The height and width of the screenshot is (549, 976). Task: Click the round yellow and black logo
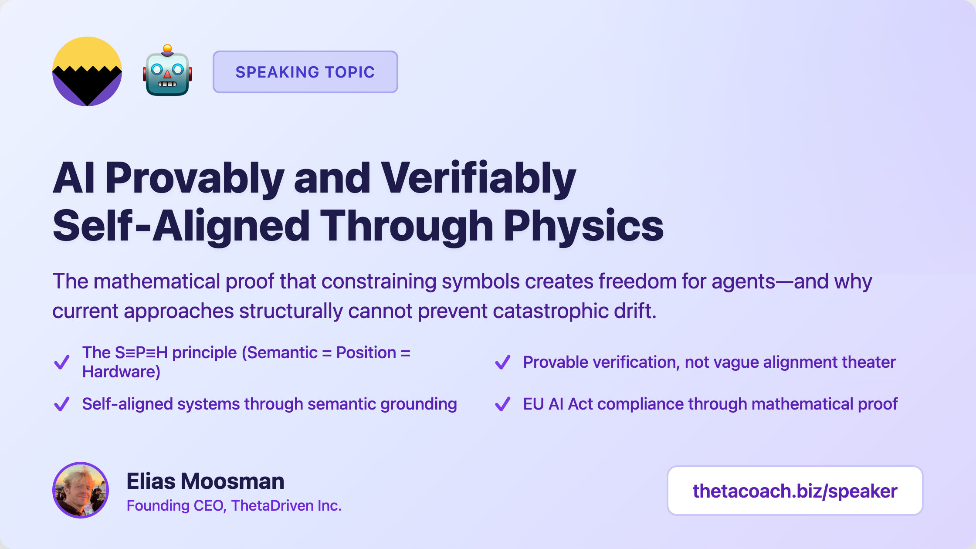tap(87, 71)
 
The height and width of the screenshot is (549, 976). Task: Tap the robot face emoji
tap(168, 71)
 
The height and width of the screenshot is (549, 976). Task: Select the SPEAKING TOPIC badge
tap(305, 72)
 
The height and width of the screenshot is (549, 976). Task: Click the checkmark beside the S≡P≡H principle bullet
tap(61, 362)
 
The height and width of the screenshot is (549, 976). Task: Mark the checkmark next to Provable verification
tap(502, 362)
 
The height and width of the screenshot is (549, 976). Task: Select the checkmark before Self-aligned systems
tap(61, 404)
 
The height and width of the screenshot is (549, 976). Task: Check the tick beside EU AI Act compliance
tap(502, 404)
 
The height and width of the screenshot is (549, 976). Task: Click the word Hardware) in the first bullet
tap(122, 372)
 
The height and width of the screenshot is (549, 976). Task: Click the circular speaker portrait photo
tap(81, 490)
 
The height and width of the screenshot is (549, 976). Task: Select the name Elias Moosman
tap(205, 481)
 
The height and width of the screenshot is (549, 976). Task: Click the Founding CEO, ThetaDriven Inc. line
tap(234, 505)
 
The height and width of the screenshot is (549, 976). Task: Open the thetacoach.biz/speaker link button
tap(795, 491)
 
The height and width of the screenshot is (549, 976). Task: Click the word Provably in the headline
tap(195, 179)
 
